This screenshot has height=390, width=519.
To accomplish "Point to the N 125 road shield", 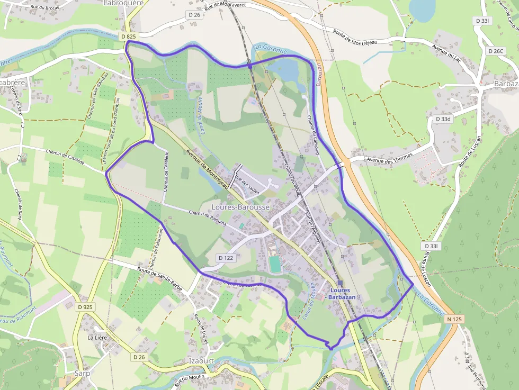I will pos(455,319).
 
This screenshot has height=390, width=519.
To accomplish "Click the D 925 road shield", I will pos(85,307).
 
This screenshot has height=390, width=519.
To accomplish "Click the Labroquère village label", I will pos(125,3).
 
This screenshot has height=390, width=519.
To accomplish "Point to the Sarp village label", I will pos(82,373).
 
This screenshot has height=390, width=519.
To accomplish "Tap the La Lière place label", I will pos(97,337).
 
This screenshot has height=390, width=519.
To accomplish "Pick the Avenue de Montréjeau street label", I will pos(208,168).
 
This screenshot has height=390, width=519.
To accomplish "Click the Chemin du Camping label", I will pos(314,135).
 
